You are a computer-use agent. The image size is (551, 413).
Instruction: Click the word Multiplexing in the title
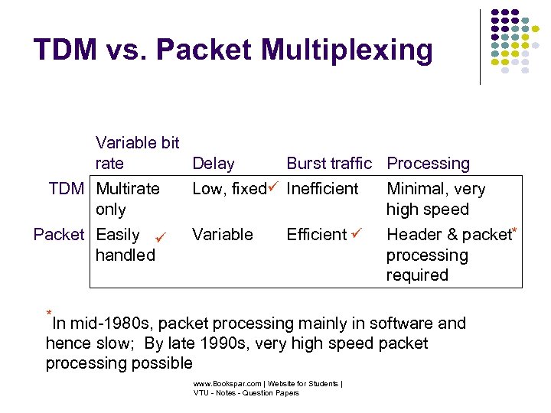coord(347,50)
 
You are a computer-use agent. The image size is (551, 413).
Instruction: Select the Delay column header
coord(214,164)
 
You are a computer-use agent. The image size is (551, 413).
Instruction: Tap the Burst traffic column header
coord(329,164)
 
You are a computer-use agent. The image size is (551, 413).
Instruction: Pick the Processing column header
coord(429,164)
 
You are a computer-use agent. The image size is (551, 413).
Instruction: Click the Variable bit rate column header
coord(137,153)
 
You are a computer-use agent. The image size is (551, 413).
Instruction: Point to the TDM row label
coord(67,189)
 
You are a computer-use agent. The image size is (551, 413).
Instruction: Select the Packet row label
coord(59,235)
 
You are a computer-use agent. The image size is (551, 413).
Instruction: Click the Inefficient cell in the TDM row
coord(322,189)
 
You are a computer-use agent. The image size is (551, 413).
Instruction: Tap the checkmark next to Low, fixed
coord(274,186)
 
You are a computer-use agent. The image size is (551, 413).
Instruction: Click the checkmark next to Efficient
coord(356,232)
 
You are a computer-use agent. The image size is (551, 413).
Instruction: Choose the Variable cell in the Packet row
coord(223,235)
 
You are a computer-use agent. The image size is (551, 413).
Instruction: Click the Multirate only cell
coord(128,199)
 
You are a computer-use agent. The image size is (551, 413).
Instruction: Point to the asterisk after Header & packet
coord(515,229)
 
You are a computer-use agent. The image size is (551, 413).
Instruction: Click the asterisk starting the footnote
coord(49,314)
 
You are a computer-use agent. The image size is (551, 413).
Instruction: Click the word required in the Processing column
coord(416,275)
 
